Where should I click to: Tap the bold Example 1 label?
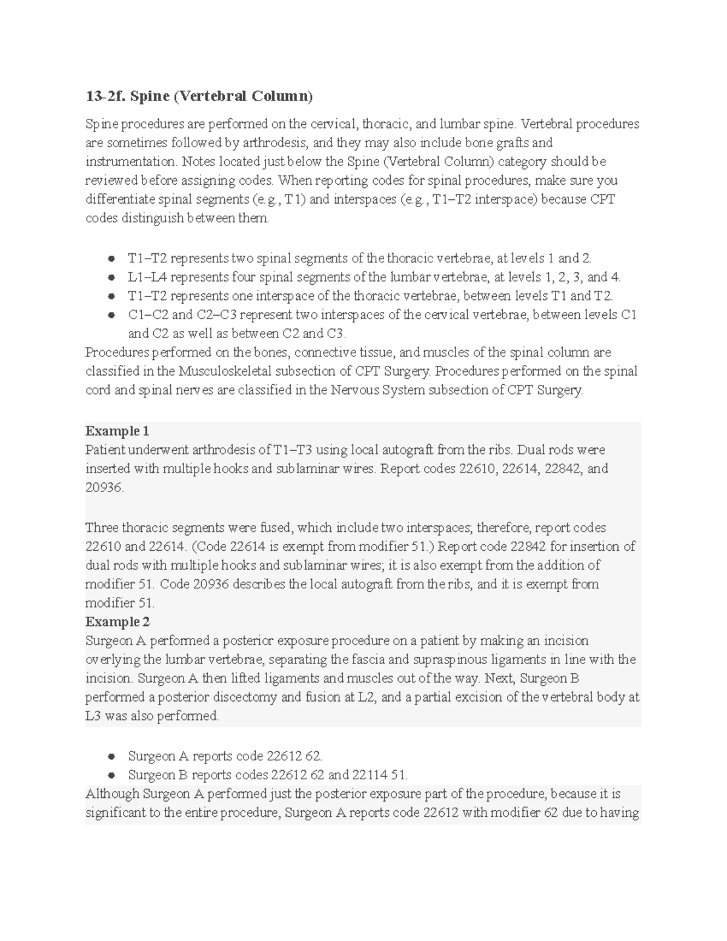coord(117,431)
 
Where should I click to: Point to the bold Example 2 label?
coord(117,622)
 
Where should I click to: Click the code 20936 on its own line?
coord(104,488)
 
